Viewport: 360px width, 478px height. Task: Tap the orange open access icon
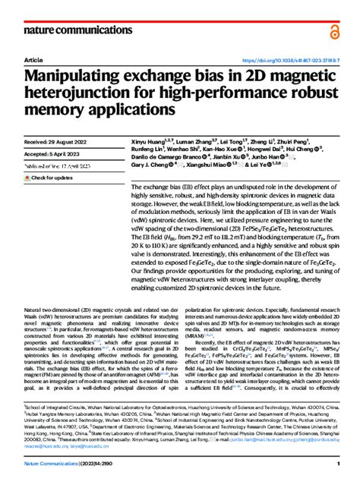click(335, 30)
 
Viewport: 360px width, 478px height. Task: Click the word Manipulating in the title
click(85, 76)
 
